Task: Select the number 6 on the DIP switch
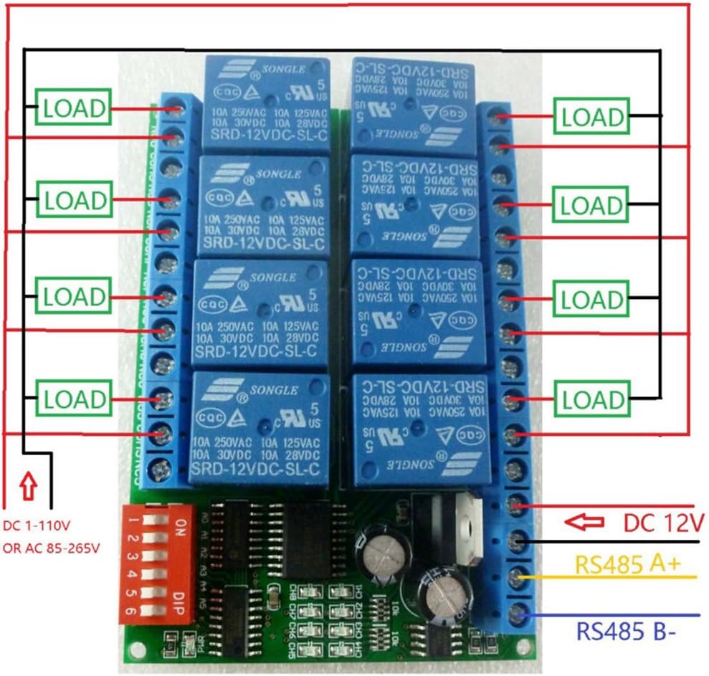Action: tap(132, 611)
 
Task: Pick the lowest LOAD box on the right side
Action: tap(592, 400)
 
